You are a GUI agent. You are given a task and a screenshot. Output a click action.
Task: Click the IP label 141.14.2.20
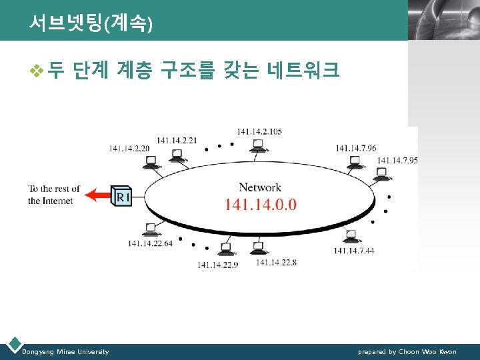(129, 148)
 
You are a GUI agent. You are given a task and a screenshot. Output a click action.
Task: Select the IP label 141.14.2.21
(177, 140)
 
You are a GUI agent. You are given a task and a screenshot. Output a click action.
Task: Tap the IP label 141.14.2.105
(259, 131)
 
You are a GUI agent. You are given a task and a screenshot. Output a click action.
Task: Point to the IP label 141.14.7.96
(356, 148)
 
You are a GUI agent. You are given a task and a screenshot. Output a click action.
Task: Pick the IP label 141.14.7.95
(397, 160)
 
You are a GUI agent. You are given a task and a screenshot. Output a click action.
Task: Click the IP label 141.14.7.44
(354, 251)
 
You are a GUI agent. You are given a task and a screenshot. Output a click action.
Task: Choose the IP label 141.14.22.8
(276, 263)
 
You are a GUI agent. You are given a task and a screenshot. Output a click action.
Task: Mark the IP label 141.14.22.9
(217, 265)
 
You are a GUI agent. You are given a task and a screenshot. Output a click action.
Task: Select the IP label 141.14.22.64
(150, 243)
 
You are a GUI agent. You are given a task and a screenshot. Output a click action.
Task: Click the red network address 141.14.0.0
(261, 204)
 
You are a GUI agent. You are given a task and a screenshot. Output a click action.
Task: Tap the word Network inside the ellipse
(260, 187)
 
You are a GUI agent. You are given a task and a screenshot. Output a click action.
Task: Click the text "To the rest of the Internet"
(54, 195)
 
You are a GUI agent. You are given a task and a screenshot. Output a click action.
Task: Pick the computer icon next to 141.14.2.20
(151, 161)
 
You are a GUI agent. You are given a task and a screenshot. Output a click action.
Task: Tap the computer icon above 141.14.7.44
(351, 235)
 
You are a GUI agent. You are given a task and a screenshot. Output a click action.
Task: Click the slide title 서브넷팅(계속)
(91, 23)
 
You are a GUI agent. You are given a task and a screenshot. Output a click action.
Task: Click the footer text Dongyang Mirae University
(65, 351)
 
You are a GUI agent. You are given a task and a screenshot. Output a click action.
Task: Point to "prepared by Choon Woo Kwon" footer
(407, 351)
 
